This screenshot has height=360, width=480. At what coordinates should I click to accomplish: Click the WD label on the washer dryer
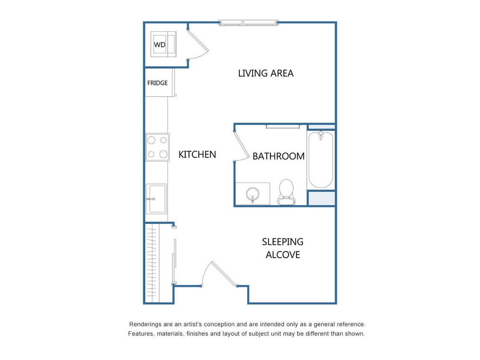[x=160, y=44]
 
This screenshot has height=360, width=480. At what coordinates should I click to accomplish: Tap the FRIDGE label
[x=157, y=83]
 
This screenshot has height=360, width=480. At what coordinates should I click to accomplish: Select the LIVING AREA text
[x=265, y=73]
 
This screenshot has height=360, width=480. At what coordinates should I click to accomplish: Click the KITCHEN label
[x=197, y=154]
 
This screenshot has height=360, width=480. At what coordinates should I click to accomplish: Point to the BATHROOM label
[x=278, y=156]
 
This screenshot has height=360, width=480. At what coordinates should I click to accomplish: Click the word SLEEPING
[x=282, y=242]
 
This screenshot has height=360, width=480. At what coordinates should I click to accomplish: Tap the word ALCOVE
[x=282, y=255]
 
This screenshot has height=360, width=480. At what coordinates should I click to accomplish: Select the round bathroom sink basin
[x=253, y=195]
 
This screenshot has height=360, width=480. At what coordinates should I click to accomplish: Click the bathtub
[x=321, y=162]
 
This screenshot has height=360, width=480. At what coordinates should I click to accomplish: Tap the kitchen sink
[x=157, y=198]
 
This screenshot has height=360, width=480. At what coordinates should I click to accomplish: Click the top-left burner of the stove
[x=151, y=140]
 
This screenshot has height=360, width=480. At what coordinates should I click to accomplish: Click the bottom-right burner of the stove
[x=163, y=154]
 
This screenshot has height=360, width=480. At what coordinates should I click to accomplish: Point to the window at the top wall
[x=248, y=23]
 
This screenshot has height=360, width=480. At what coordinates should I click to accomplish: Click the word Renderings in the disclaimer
[x=145, y=324]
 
